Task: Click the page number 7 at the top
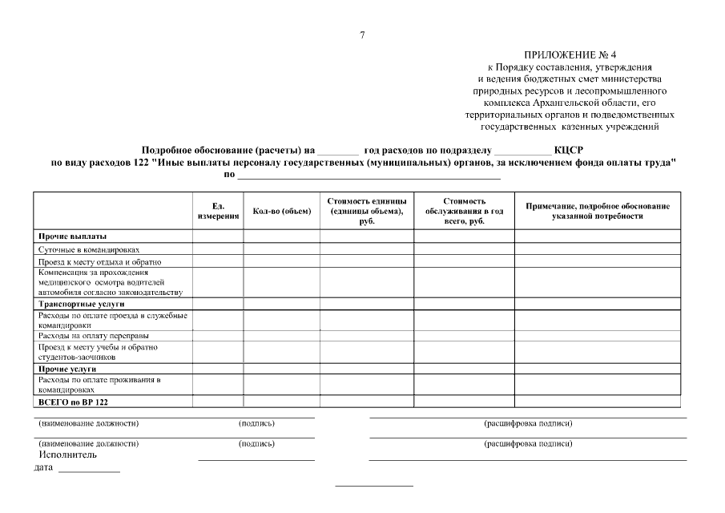tap(362, 34)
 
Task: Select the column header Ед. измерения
tap(218, 211)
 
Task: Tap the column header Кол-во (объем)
tap(281, 211)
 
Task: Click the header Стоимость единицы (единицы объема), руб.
tap(367, 211)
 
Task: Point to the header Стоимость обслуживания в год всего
tap(464, 211)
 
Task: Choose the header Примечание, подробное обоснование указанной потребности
tap(597, 211)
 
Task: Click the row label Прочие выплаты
tap(73, 237)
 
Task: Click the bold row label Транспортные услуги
tap(82, 305)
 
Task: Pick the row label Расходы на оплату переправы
tap(94, 336)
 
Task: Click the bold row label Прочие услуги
tap(73, 369)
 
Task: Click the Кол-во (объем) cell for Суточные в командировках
tap(281, 249)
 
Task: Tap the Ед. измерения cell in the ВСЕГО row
tap(218, 402)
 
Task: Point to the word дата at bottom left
tap(43, 468)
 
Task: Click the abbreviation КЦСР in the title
tap(568, 149)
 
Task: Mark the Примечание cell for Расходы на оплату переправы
tap(597, 336)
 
